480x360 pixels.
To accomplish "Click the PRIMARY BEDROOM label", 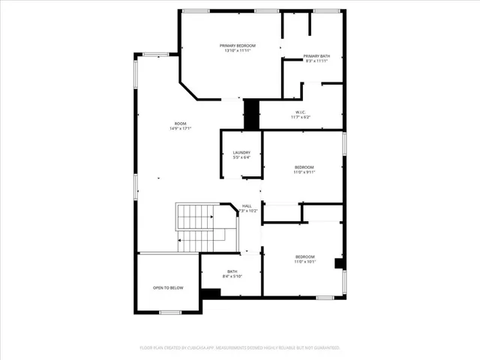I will click(238, 45).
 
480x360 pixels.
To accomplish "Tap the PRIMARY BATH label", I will click(316, 55).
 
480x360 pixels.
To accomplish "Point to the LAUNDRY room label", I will click(241, 152).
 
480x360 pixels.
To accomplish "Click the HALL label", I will click(247, 205).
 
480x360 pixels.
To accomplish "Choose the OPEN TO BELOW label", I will click(168, 287).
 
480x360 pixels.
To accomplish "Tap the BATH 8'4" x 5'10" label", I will click(232, 271).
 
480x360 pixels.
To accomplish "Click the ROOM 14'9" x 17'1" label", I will click(180, 123).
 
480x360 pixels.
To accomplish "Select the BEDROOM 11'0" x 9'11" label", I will click(304, 166).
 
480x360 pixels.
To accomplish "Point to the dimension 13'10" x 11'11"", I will click(238, 51).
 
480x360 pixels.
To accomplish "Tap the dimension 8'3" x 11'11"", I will click(316, 61).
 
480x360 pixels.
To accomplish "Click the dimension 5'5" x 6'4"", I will click(241, 157).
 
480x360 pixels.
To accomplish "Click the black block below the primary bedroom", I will click(251, 114).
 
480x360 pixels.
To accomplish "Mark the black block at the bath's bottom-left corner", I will click(211, 293).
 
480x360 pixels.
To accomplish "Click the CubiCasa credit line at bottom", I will click(240, 348).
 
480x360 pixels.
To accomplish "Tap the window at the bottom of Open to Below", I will click(170, 312).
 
